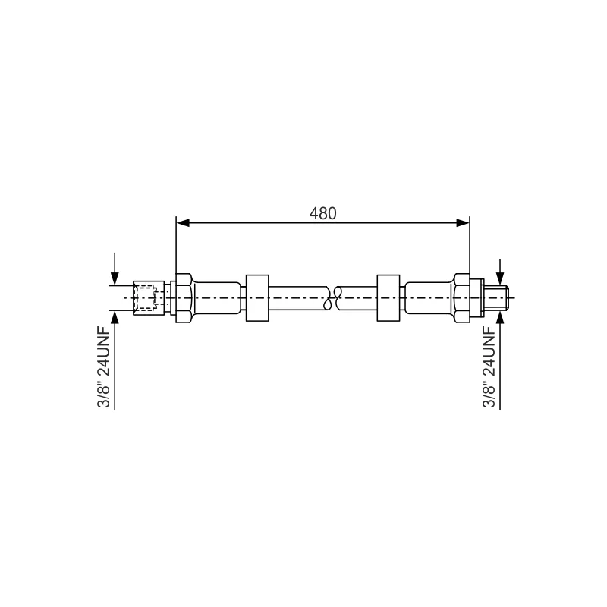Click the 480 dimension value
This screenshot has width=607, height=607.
[323, 213]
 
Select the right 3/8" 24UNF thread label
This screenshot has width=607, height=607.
[489, 367]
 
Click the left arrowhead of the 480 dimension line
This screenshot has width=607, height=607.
[183, 222]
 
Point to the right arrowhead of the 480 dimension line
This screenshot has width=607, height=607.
[463, 222]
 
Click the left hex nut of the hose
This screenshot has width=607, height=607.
[184, 297]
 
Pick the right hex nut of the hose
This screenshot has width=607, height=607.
[462, 297]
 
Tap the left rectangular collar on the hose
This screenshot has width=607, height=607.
[257, 297]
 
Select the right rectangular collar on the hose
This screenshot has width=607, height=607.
[388, 297]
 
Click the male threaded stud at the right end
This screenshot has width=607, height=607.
[497, 297]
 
